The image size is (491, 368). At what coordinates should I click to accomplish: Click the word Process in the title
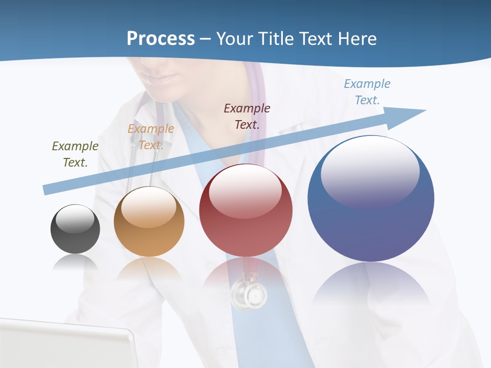161,39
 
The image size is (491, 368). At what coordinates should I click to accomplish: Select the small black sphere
75,229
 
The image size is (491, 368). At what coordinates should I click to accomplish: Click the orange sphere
149,223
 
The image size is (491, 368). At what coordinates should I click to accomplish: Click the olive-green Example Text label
75,154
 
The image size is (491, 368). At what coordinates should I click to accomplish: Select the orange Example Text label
150,137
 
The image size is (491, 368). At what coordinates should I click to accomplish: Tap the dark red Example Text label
247,116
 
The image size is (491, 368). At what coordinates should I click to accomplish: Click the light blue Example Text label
367,92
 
